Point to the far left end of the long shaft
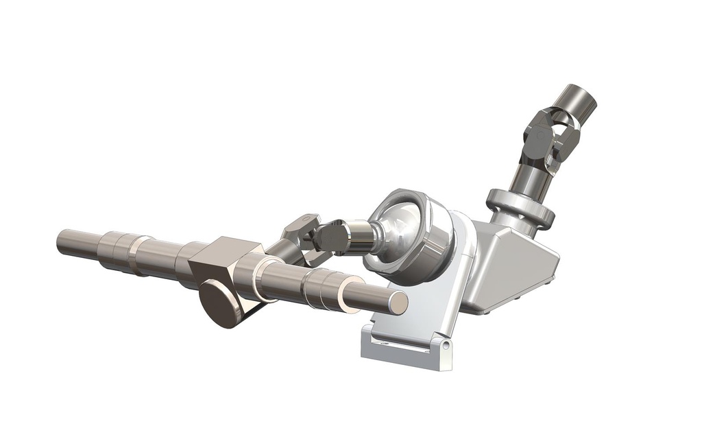pyautogui.click(x=61, y=241)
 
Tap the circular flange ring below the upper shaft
pyautogui.click(x=520, y=208)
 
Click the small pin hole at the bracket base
pyautogui.click(x=446, y=346)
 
